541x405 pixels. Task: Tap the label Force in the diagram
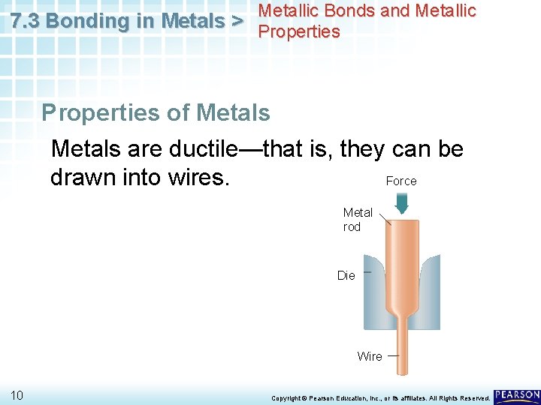point(400,181)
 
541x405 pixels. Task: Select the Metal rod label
point(358,220)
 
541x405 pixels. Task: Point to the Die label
point(346,276)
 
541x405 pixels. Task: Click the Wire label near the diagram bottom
point(370,356)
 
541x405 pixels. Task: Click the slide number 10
point(17,395)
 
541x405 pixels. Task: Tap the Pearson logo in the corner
point(517,395)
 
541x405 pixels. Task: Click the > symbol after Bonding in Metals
point(237,22)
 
